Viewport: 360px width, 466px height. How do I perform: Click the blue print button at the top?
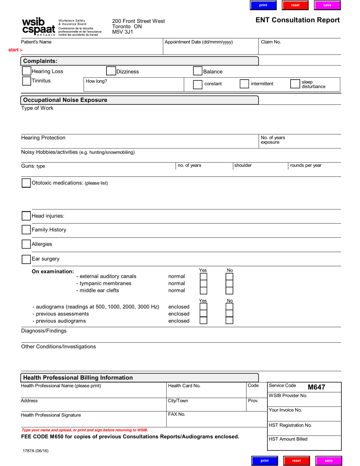(263, 5)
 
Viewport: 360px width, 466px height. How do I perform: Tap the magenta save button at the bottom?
(329, 461)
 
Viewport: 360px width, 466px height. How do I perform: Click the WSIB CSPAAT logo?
(39, 27)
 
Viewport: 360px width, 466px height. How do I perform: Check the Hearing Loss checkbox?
(27, 71)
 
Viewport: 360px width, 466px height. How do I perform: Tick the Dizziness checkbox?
(111, 71)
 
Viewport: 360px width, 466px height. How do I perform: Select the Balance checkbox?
(198, 71)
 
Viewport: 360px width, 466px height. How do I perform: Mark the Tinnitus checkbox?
(27, 81)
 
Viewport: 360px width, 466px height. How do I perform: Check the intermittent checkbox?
(244, 84)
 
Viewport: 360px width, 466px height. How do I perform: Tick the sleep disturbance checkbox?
(295, 84)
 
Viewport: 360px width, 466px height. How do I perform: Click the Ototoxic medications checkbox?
(26, 183)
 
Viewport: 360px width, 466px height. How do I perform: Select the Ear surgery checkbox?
(26, 259)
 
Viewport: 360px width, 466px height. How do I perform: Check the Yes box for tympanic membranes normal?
(203, 283)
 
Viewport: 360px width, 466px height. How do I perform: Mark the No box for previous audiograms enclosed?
(229, 321)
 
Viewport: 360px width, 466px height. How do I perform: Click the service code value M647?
(316, 387)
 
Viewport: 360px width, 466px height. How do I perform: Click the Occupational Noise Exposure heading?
(65, 100)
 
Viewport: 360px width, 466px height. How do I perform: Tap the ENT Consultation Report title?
(297, 20)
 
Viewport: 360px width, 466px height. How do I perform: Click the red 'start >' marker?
(16, 50)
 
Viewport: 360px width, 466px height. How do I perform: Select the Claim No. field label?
(271, 42)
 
